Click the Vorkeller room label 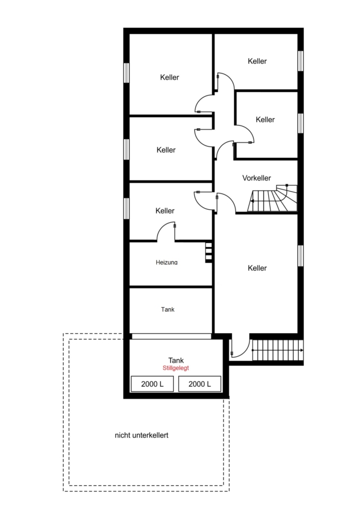tap(256, 178)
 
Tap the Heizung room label tap(166, 262)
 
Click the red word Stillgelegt tap(176, 368)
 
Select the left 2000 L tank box tap(152, 384)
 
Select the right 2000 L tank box tap(200, 384)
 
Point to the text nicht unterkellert tap(142, 435)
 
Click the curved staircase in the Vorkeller tap(272, 198)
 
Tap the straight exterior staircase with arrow tap(278, 350)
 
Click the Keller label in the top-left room tap(170, 77)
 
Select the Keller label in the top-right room tap(257, 61)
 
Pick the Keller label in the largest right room tap(257, 268)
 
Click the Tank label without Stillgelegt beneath tap(168, 309)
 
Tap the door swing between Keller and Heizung tap(166, 231)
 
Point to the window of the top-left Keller tap(126, 73)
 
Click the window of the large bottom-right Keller tap(301, 256)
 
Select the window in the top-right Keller tap(301, 61)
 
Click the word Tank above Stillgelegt tap(176, 360)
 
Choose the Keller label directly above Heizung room tap(165, 211)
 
